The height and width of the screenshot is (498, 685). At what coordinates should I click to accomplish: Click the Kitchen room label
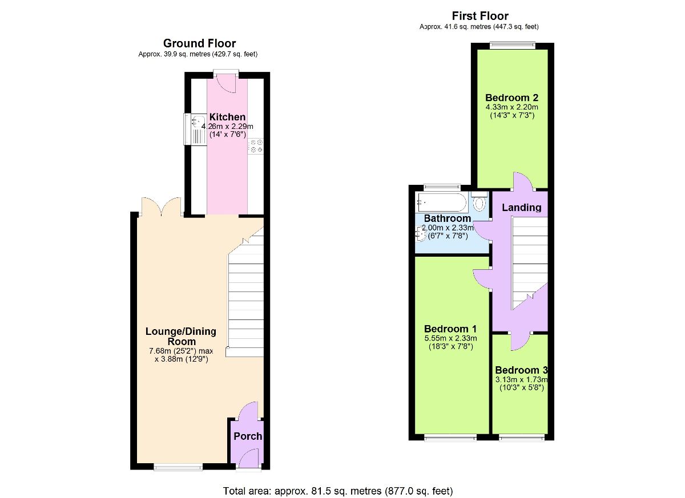[x=227, y=117]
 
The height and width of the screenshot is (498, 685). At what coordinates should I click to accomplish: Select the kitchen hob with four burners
[x=255, y=145]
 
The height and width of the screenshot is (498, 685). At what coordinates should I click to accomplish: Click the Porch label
[x=248, y=436]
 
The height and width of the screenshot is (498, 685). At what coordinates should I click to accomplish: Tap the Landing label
[x=521, y=208]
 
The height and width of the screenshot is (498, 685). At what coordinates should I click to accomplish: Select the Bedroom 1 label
[x=450, y=329]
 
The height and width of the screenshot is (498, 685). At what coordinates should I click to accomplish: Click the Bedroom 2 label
[x=511, y=97]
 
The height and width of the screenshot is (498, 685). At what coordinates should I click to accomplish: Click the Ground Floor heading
[x=199, y=43]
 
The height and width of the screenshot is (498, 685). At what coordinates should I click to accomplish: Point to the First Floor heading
[x=479, y=16]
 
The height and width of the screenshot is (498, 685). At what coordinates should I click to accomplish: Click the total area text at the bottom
[x=339, y=491]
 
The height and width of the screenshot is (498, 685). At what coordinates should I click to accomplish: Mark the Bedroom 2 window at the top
[x=512, y=45]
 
